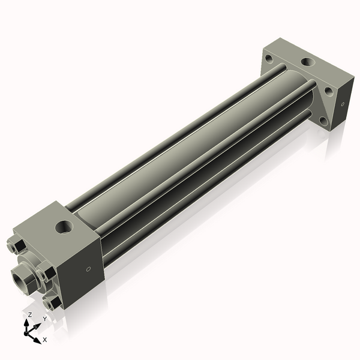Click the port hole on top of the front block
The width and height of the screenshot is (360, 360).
click(x=64, y=227)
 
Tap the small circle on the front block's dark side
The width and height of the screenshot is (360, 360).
click(x=89, y=269)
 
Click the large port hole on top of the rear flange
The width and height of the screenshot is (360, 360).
click(x=307, y=62)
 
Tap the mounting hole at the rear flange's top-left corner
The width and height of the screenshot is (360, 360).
click(x=269, y=59)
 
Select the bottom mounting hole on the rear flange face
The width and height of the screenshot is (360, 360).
click(x=324, y=121)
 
